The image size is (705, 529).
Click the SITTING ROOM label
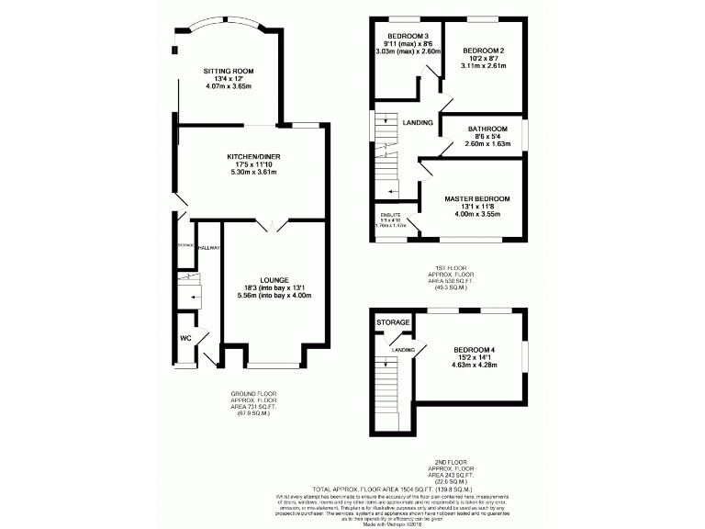(229, 71)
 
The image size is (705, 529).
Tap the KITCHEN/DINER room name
(252, 157)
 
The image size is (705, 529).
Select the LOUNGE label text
(274, 279)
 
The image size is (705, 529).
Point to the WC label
(185, 337)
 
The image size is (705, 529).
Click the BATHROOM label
(487, 129)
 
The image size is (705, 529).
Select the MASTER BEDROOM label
(476, 198)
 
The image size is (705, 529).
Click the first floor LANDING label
(418, 122)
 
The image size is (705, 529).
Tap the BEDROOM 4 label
(474, 350)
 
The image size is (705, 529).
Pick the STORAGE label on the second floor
(391, 322)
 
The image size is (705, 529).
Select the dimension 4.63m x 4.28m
(474, 366)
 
